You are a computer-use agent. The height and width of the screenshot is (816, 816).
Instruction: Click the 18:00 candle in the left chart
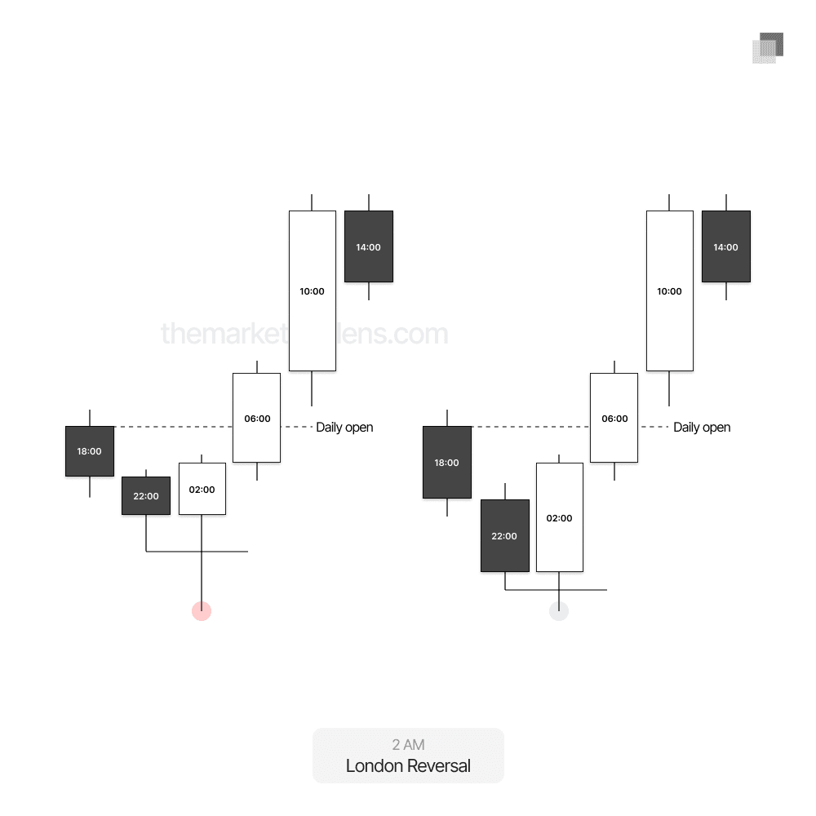tap(90, 450)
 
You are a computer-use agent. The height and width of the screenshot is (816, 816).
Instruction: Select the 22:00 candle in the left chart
tap(146, 495)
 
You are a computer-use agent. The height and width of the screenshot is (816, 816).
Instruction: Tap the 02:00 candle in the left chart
tap(202, 489)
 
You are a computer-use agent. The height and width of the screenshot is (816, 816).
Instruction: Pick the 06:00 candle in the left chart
tap(257, 418)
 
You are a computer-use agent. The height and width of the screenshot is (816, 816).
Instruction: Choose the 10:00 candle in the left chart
tap(313, 290)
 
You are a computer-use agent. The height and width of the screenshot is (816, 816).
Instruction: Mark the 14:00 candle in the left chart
tap(369, 246)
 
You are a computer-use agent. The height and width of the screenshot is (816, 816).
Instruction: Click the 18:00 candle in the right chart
tap(447, 462)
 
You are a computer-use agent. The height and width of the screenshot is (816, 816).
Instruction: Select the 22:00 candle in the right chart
tap(505, 535)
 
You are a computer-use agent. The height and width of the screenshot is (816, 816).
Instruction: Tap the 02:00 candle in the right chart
tap(560, 517)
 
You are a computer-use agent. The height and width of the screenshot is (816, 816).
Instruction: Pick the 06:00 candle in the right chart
tap(614, 418)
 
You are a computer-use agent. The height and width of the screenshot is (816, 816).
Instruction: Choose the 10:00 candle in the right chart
tap(670, 290)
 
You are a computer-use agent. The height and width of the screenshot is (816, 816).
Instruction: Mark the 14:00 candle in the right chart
tap(726, 246)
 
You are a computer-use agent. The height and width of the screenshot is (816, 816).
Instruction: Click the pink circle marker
tap(202, 611)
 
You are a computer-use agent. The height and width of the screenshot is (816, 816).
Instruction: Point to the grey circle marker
tap(559, 611)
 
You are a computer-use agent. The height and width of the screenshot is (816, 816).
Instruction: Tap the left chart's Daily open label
tap(344, 427)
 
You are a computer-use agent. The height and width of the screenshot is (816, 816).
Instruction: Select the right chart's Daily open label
tap(702, 427)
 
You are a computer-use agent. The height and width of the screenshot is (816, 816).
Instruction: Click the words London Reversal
tap(408, 766)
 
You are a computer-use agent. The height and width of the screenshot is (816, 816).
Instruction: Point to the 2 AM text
tap(408, 744)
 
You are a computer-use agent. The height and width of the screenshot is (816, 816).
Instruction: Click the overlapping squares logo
tap(768, 48)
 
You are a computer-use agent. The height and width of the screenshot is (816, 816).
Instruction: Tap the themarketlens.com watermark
tap(304, 334)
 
